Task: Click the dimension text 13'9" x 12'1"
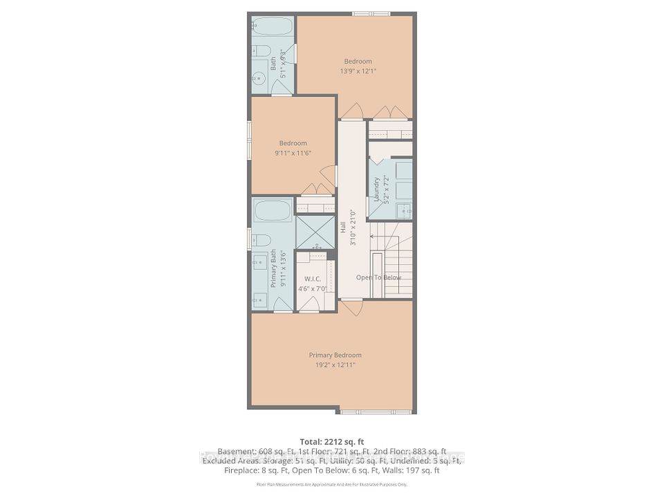click(x=358, y=71)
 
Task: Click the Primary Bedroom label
click(x=335, y=356)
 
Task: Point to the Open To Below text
click(x=378, y=277)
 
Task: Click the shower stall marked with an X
click(x=315, y=232)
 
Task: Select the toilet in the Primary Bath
click(x=261, y=240)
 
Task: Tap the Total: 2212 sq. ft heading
click(x=331, y=441)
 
